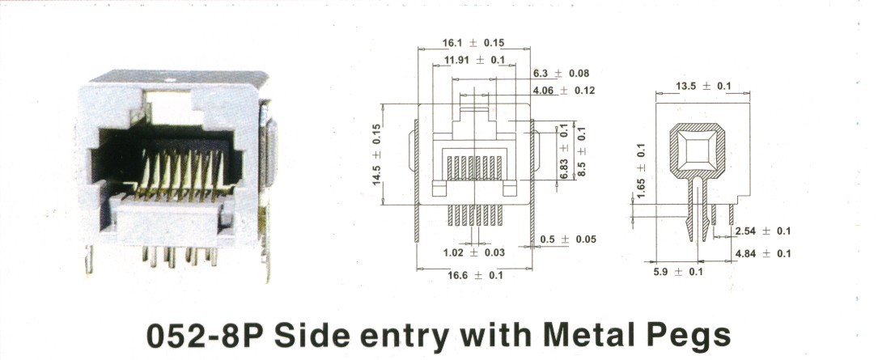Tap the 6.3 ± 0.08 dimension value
(x=561, y=74)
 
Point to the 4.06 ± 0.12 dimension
(x=564, y=90)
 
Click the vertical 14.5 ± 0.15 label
(x=376, y=155)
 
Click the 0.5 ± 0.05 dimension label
(x=568, y=239)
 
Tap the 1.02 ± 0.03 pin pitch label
(x=473, y=253)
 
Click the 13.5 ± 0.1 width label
(x=703, y=86)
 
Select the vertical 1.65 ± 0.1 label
(x=642, y=171)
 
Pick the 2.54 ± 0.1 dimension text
(x=763, y=231)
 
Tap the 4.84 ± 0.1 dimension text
(x=763, y=254)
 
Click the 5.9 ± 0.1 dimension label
(x=678, y=272)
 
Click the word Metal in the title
(x=588, y=334)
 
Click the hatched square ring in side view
(x=697, y=128)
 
